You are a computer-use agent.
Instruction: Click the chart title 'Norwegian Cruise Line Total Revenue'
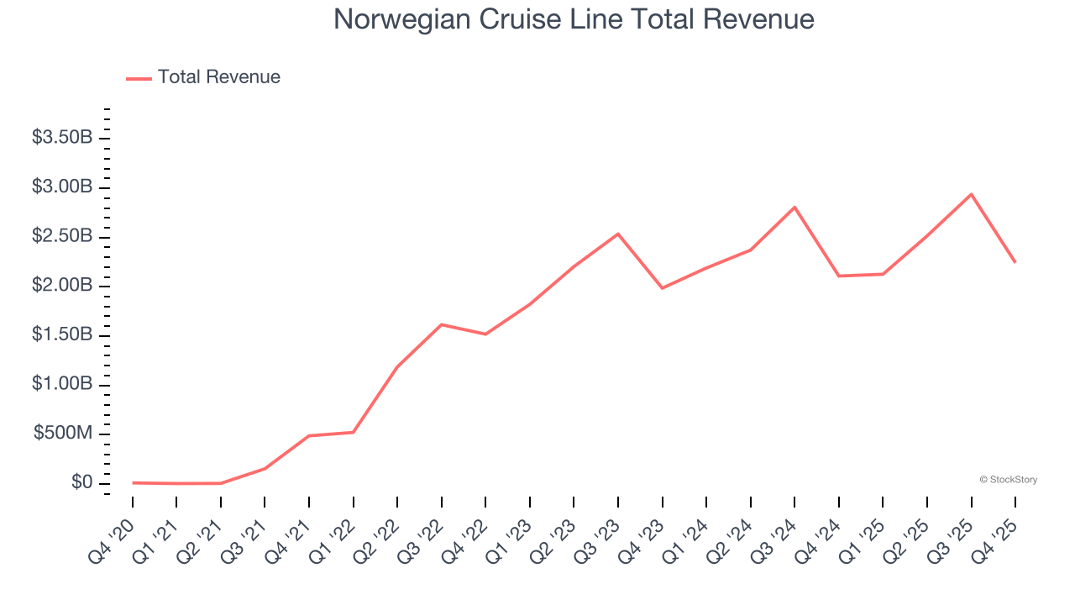click(x=574, y=19)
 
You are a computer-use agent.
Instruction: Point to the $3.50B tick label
click(x=62, y=138)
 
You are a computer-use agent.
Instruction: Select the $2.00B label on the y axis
click(x=62, y=286)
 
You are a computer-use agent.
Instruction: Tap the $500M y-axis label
click(x=63, y=434)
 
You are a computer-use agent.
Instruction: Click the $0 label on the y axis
click(x=81, y=482)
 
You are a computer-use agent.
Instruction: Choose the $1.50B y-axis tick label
click(x=62, y=334)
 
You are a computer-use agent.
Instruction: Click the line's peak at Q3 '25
click(x=971, y=194)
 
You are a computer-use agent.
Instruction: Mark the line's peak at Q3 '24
click(x=794, y=207)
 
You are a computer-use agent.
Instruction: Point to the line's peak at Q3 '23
click(x=618, y=234)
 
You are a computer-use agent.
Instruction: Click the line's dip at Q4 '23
click(x=662, y=288)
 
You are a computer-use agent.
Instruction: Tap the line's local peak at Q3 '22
click(x=442, y=324)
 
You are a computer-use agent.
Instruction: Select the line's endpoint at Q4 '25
click(x=1015, y=262)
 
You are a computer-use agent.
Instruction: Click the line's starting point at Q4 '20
click(x=133, y=482)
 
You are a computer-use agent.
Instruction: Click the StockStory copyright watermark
click(x=1008, y=480)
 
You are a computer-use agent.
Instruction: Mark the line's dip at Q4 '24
click(x=838, y=276)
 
